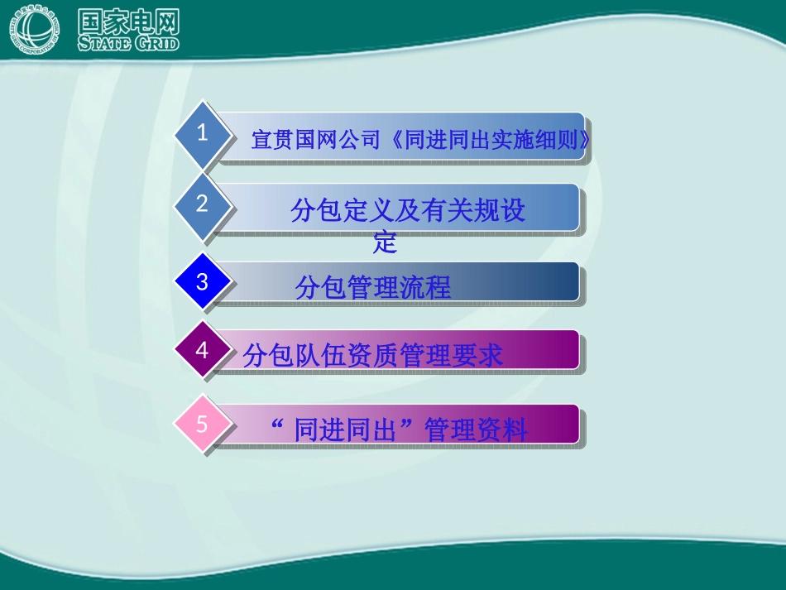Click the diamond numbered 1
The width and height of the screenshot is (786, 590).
pos(203,135)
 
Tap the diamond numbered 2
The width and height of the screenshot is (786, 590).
pos(203,205)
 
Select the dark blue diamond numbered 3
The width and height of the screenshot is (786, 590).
pos(203,282)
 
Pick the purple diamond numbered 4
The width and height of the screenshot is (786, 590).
pos(203,351)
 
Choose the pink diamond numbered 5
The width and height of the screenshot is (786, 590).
pos(203,425)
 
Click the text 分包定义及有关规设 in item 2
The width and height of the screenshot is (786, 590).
pos(408,211)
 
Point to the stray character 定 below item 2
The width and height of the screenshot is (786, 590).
pos(386,243)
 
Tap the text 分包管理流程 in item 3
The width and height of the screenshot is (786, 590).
pos(373,287)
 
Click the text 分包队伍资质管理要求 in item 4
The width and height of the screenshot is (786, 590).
pos(373,356)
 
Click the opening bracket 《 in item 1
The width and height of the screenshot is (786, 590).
pos(395,141)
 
